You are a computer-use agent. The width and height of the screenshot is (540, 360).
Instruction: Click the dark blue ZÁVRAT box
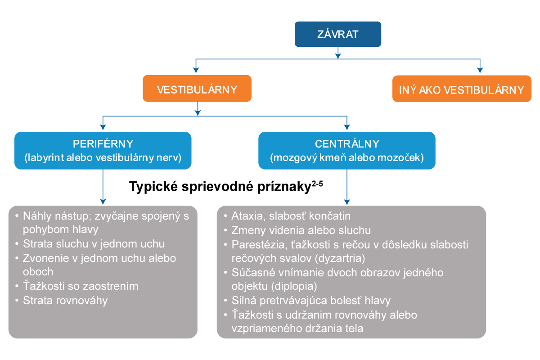click(x=338, y=34)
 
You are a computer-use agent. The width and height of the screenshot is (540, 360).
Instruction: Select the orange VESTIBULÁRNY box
click(x=197, y=89)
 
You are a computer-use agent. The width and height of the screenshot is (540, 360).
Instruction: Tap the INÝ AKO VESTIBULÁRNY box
click(x=462, y=90)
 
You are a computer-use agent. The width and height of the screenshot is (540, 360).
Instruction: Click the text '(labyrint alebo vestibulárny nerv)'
click(x=103, y=158)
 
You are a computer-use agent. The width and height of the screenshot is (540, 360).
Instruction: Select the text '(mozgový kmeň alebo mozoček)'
click(x=347, y=158)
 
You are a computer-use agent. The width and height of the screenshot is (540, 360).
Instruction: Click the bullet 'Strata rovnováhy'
click(x=65, y=300)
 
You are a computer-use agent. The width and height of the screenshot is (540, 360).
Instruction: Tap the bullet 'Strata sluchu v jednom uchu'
click(x=94, y=244)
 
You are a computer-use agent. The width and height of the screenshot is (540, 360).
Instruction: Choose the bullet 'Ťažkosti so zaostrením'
click(x=81, y=286)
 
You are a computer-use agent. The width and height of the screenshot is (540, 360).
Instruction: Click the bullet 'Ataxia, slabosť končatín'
click(x=291, y=216)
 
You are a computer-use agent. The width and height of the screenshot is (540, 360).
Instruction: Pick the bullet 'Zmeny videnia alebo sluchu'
click(x=301, y=230)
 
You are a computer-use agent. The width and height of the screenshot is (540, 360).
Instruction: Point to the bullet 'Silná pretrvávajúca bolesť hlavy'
click(x=311, y=300)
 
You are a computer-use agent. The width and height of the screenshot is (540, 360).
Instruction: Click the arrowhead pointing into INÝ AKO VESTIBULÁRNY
click(x=480, y=70)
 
